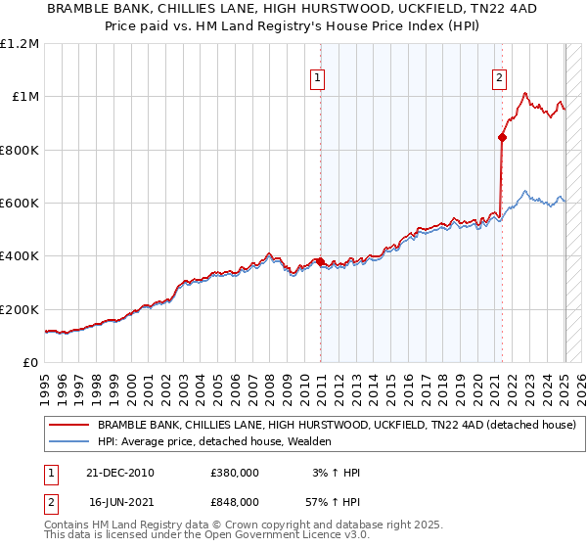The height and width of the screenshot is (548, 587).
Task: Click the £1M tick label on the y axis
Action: click(x=22, y=97)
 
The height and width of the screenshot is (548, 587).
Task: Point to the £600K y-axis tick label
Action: click(x=19, y=204)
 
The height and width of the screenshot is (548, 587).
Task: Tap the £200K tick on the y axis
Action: click(x=19, y=309)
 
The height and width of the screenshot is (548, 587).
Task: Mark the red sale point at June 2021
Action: click(x=502, y=138)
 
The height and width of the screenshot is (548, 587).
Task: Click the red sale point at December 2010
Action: click(x=320, y=261)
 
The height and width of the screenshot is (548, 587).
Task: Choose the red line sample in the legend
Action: click(x=68, y=426)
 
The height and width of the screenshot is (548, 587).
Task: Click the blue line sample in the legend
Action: click(x=68, y=442)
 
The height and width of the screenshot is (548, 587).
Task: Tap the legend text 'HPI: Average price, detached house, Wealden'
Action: click(x=214, y=442)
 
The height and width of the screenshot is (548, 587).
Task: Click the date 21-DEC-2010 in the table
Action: click(x=122, y=473)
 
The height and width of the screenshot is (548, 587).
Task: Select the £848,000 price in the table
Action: click(x=235, y=501)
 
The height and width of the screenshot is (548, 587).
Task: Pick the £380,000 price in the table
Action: click(x=235, y=473)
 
